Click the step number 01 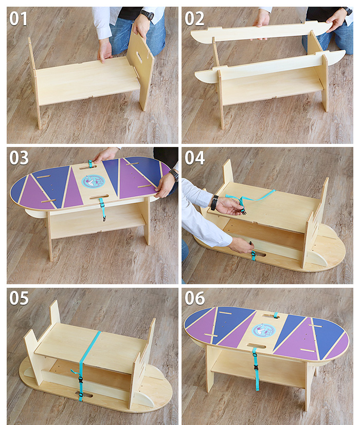click(x=19, y=19)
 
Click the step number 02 click(x=194, y=19)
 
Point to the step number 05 click(x=19, y=298)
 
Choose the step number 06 click(x=195, y=298)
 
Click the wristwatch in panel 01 click(x=148, y=15)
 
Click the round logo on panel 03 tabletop click(x=93, y=181)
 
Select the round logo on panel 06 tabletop click(x=264, y=330)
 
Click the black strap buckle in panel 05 click(x=80, y=382)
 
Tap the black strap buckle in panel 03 click(x=102, y=205)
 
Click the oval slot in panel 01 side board click(x=139, y=57)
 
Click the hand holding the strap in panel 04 click(x=230, y=206)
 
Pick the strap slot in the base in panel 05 click(x=84, y=395)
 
